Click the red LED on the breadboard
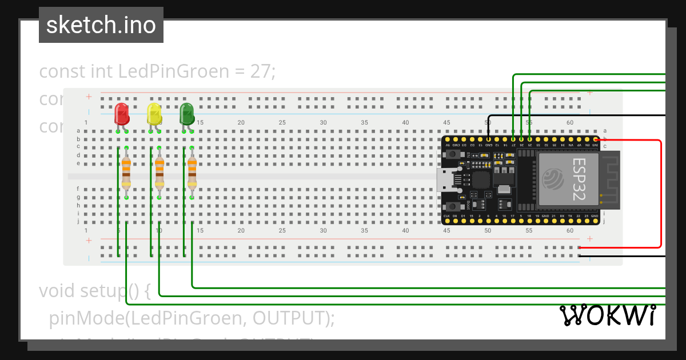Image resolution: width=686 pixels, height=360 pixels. (x=121, y=114)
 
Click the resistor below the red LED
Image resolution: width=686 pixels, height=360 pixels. (x=126, y=173)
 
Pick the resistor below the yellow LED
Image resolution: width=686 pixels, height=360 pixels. (x=159, y=173)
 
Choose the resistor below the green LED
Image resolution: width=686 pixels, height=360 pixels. (x=192, y=173)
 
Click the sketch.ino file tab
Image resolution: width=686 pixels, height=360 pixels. (x=101, y=25)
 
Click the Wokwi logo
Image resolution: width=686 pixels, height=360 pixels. (x=607, y=315)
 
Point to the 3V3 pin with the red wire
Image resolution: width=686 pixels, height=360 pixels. (x=596, y=139)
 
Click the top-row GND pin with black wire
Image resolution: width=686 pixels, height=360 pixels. (x=488, y=139)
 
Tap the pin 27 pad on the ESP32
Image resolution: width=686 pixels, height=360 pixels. (x=513, y=139)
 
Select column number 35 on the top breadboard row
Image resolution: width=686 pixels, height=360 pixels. (x=364, y=123)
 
